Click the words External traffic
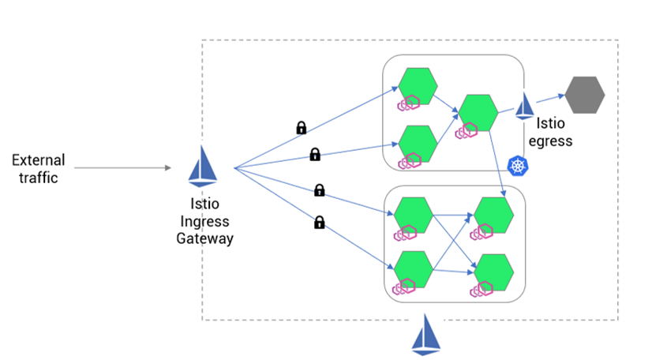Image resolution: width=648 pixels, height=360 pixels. coord(38,169)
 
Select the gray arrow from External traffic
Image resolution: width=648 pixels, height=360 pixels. coord(122,167)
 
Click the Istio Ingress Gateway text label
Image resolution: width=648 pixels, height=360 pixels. coord(204,220)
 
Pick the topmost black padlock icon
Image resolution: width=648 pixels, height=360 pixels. coord(301,127)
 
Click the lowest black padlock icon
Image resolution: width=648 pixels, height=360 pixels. coord(320,223)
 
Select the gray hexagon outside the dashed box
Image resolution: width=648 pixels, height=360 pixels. coord(585,95)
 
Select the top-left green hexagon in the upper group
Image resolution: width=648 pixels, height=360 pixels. coord(418,85)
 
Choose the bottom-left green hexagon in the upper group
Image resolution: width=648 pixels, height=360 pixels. coord(418,143)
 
